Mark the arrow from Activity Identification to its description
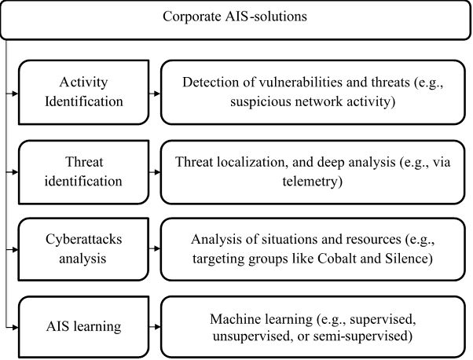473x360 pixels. [152, 94]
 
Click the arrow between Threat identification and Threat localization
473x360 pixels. [152, 171]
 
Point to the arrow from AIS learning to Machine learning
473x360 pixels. [152, 327]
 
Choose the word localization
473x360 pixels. [242, 162]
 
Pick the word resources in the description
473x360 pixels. [361, 239]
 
